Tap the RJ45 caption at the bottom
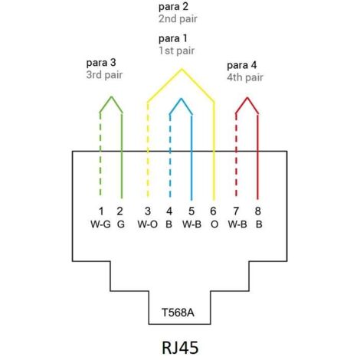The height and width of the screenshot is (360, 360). [x=180, y=346]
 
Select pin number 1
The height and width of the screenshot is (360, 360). [x=100, y=211]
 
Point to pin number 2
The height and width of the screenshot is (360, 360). [x=121, y=211]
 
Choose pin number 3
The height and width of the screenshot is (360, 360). [x=147, y=211]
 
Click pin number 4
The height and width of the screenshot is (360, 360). [x=169, y=211]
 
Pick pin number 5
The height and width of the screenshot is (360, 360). [x=191, y=211]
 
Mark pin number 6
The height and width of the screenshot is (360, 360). [x=213, y=211]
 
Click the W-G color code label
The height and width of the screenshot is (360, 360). [x=100, y=225]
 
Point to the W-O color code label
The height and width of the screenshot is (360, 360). [x=147, y=225]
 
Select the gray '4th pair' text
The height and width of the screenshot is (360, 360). [x=246, y=77]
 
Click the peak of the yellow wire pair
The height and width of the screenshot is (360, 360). [x=181, y=70]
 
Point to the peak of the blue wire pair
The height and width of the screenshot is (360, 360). [x=181, y=99]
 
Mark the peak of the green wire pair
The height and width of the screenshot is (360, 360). [x=112, y=97]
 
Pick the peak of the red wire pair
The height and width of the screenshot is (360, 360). [x=247, y=98]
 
